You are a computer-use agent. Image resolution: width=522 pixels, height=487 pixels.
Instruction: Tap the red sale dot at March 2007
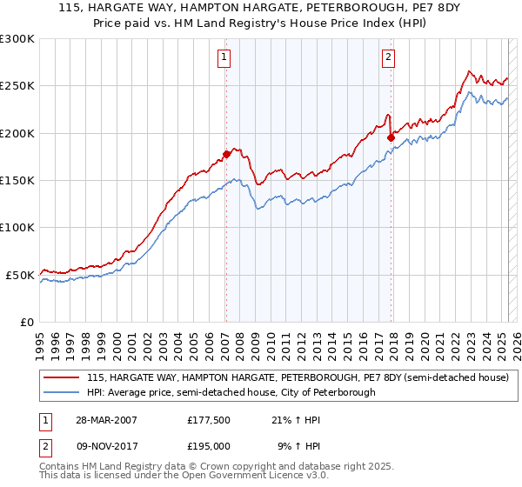(x=226, y=155)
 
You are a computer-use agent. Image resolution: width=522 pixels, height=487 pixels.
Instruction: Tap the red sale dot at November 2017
(x=391, y=137)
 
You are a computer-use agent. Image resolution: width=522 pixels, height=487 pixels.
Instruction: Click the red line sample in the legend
(x=62, y=377)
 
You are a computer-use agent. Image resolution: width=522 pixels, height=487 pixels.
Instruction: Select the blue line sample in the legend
(x=62, y=392)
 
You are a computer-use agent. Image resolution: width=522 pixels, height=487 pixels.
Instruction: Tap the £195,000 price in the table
(x=209, y=445)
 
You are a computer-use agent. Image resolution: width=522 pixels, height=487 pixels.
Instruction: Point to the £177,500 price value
(x=209, y=419)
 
